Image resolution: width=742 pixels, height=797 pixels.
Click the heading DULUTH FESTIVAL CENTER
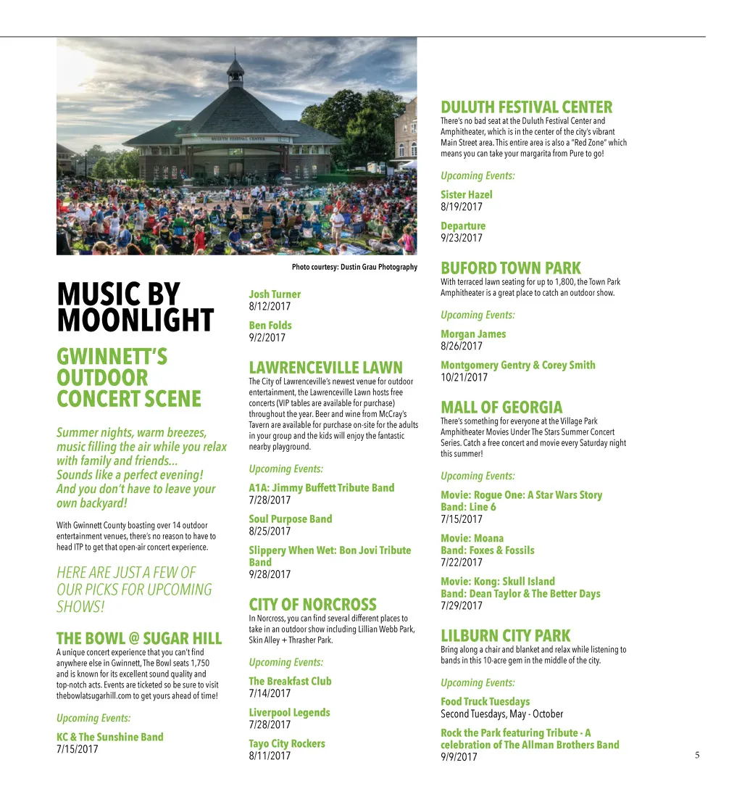tap(526, 108)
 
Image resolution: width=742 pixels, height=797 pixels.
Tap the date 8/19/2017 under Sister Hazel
tap(461, 207)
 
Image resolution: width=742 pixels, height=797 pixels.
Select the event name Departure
tap(463, 226)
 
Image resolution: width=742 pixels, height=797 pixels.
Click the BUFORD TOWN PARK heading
tap(510, 268)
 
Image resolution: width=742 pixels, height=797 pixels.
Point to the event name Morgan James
tap(473, 334)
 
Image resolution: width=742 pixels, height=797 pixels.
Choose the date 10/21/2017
tap(464, 377)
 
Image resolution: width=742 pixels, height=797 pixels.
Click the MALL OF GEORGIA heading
tap(501, 408)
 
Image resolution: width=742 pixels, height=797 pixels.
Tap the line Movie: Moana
tap(472, 538)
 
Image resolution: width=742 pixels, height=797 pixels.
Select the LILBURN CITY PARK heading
tap(505, 636)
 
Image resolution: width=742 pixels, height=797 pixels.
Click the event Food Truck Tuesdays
tap(485, 701)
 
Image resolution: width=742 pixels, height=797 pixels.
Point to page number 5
tap(697, 756)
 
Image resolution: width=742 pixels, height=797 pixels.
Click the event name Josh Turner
tap(274, 294)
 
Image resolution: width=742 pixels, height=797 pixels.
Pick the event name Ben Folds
tap(270, 326)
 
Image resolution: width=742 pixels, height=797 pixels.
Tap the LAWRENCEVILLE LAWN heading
tap(325, 368)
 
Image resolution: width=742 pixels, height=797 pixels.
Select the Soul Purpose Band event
tap(290, 519)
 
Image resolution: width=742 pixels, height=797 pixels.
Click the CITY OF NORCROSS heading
tap(312, 605)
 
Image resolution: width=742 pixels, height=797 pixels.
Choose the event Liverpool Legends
tap(289, 713)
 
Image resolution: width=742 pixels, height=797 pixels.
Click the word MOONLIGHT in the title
tap(135, 321)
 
